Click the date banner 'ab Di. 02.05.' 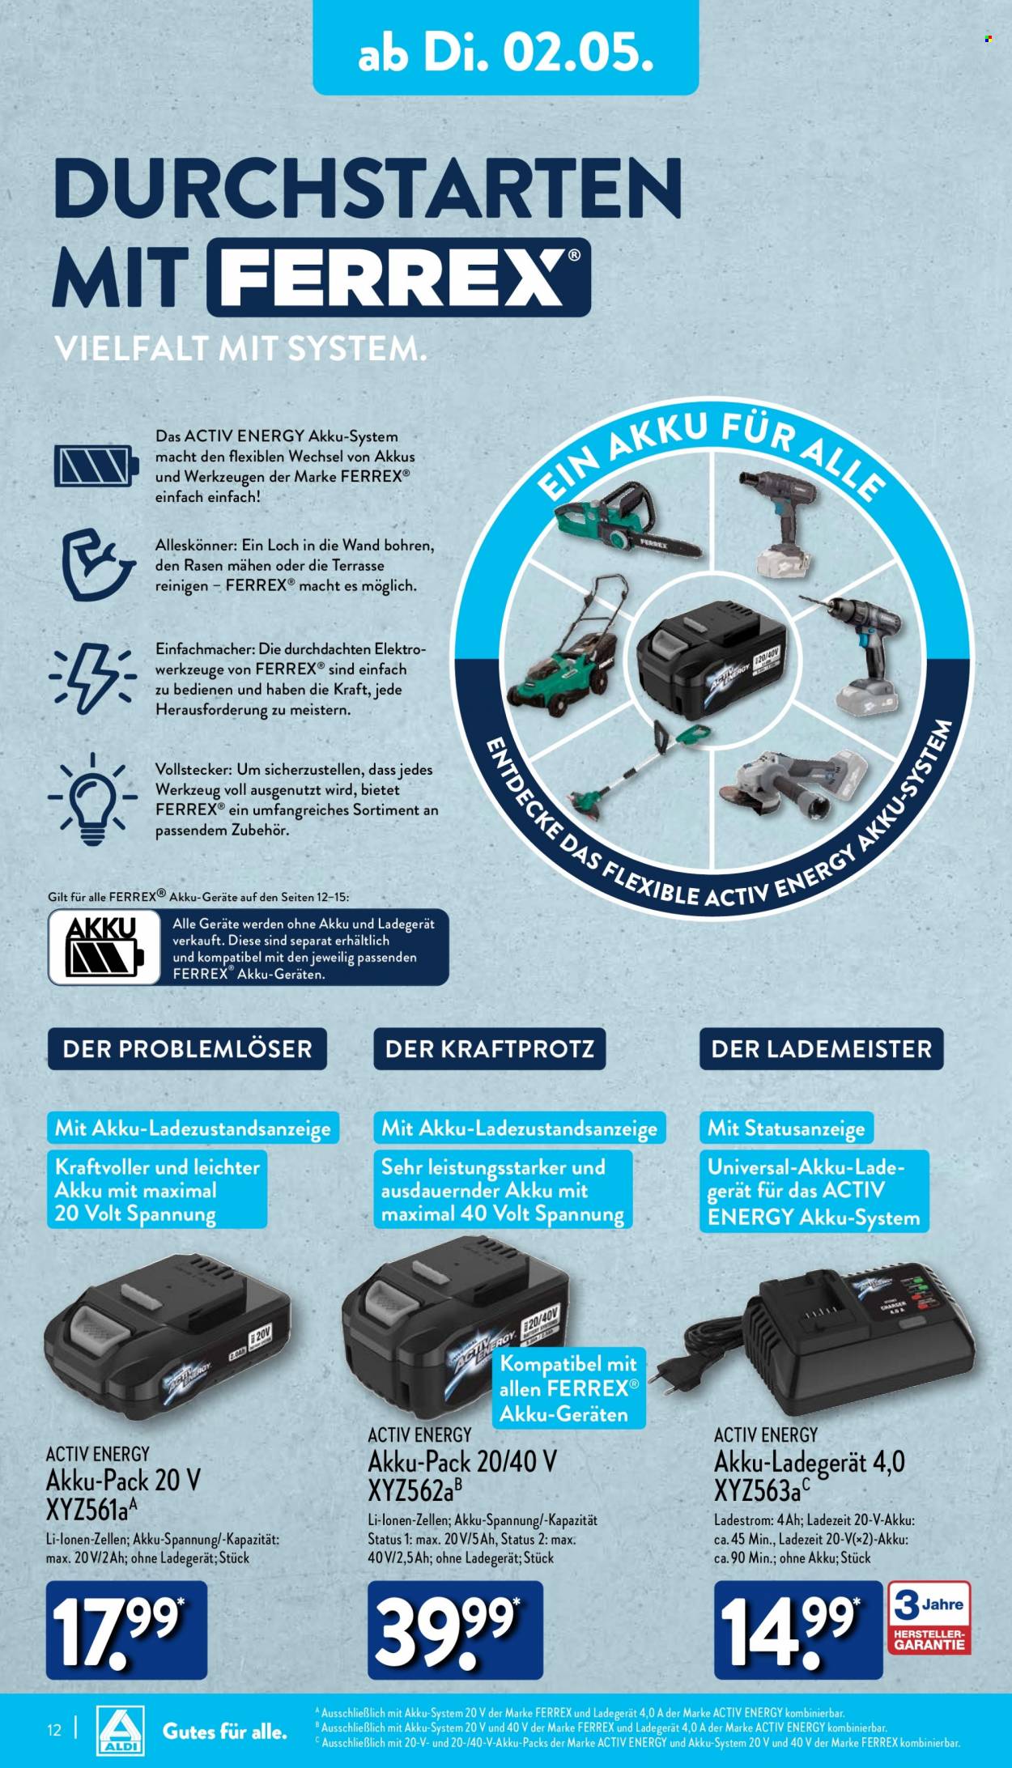505,48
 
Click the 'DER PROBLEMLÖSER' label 187,1049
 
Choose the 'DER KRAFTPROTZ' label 489,1049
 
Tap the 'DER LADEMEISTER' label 822,1049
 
